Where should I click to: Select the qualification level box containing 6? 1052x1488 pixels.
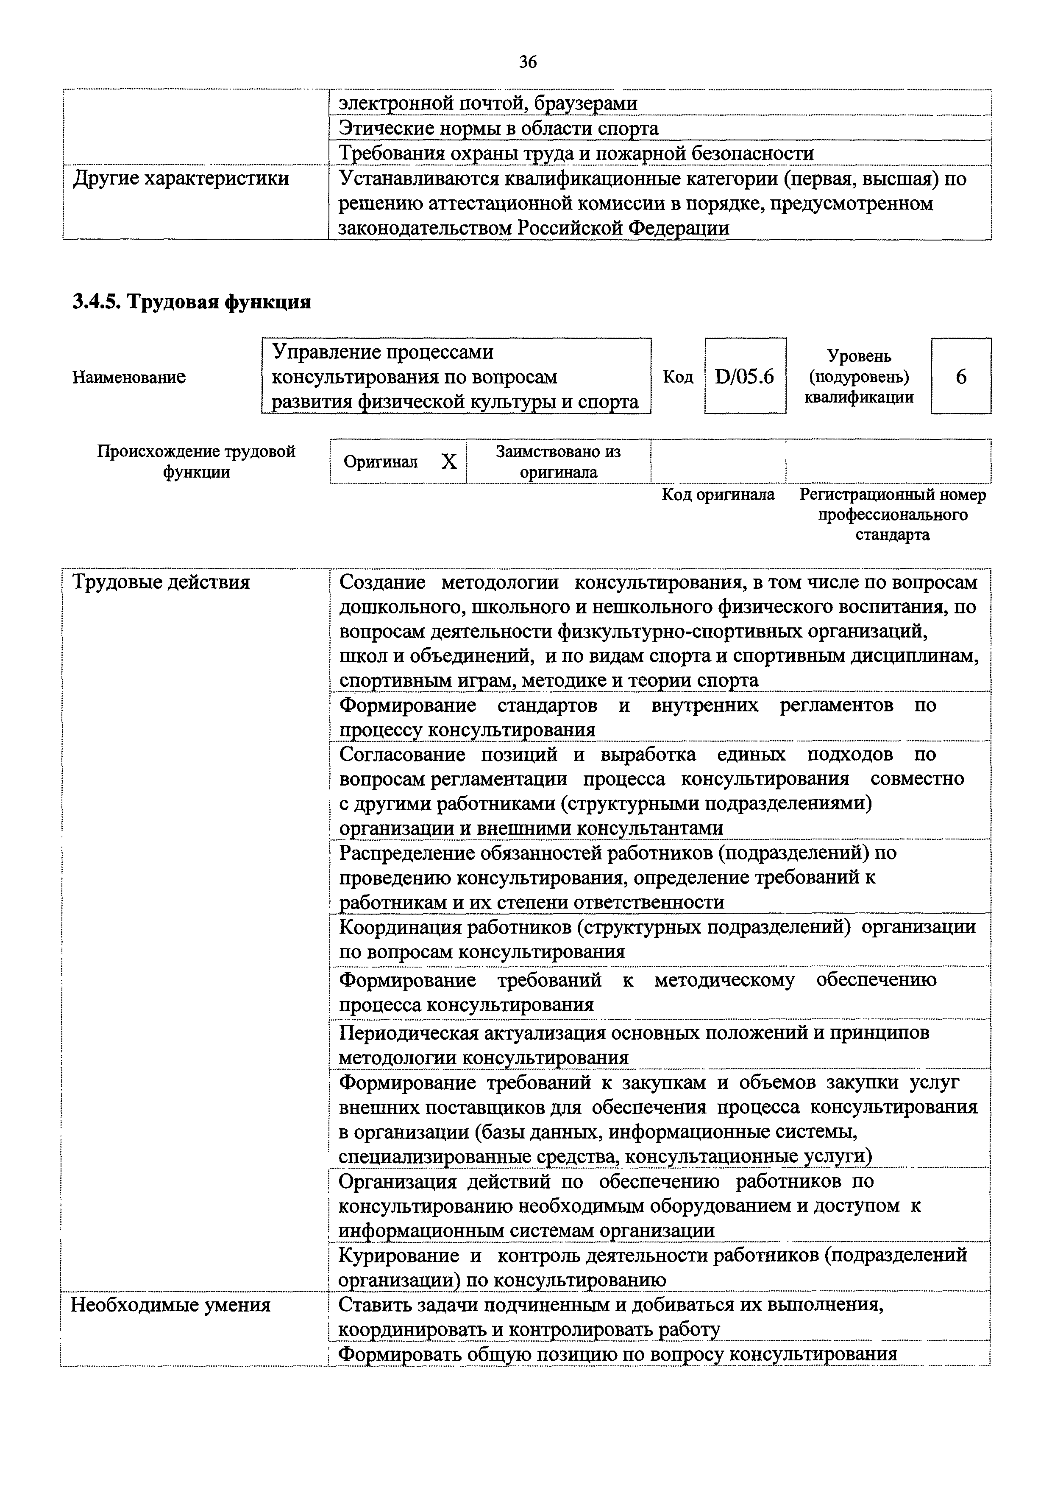pos(961,377)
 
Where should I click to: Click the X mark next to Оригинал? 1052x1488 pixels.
pos(449,462)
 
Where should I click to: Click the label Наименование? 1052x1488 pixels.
pos(129,377)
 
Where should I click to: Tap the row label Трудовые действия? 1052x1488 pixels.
pos(161,582)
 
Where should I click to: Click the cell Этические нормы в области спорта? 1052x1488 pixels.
pos(499,129)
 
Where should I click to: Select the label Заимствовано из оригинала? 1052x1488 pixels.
pos(558,462)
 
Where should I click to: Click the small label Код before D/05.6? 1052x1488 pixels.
pos(678,377)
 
